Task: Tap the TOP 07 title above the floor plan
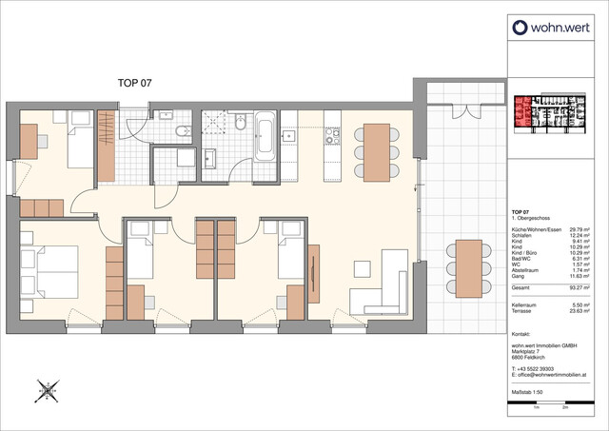pyautogui.click(x=133, y=84)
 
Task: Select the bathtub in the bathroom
pyautogui.click(x=265, y=138)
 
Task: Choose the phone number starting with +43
pyautogui.click(x=539, y=369)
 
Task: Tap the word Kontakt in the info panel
pyautogui.click(x=521, y=335)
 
